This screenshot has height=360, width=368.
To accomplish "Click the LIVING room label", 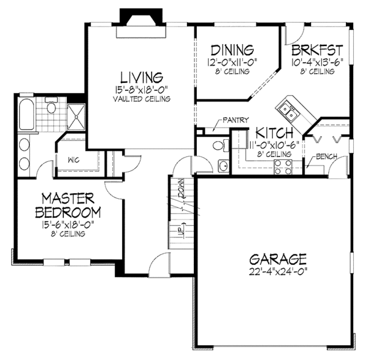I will [141, 77].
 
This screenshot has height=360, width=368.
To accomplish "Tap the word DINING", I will [232, 50].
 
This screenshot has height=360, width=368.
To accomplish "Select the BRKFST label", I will [317, 50].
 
